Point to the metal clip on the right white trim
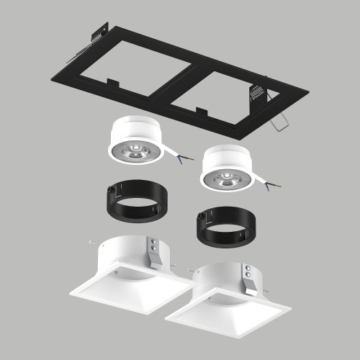[x=250, y=281]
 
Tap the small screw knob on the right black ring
[x=197, y=215]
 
